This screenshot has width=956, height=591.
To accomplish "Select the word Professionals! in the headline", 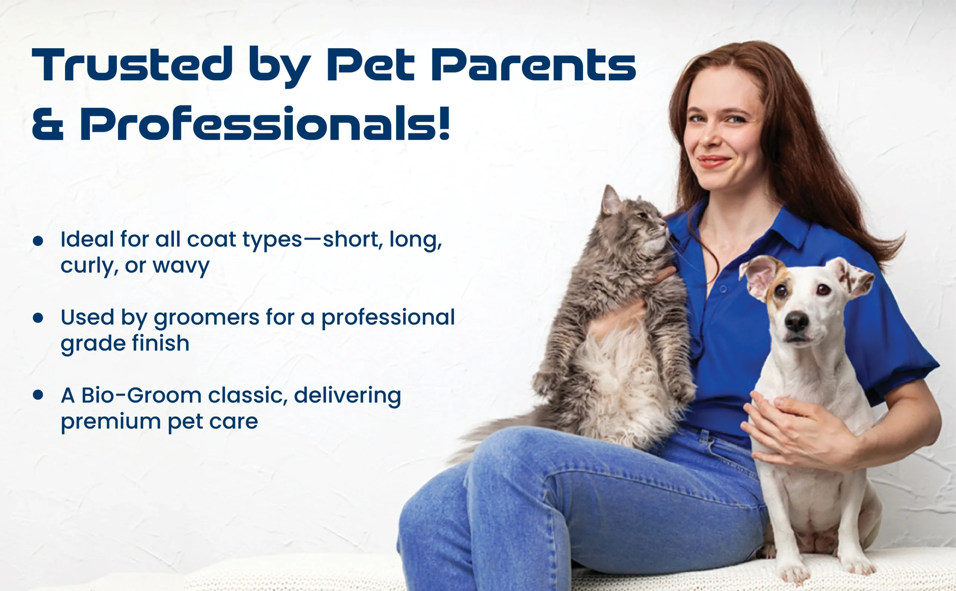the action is pyautogui.click(x=265, y=123).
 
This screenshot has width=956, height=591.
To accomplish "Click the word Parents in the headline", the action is pyautogui.click(x=533, y=65).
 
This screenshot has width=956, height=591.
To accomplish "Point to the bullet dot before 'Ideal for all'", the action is pyautogui.click(x=38, y=241).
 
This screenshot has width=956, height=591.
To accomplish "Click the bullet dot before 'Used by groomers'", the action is pyautogui.click(x=38, y=318).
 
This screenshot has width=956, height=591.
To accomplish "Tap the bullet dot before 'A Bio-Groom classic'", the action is pyautogui.click(x=38, y=395).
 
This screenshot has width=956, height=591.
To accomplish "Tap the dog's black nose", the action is pyautogui.click(x=797, y=321).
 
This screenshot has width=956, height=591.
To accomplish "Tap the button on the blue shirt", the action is pyautogui.click(x=723, y=289).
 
